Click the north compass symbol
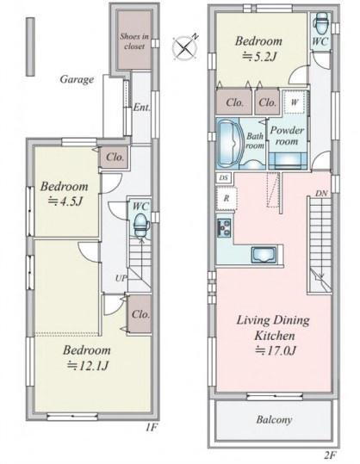[185, 47]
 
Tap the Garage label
[77, 79]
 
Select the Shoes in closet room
[134, 40]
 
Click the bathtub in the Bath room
[229, 144]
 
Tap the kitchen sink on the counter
[264, 255]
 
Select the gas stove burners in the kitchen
[224, 227]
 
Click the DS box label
[224, 178]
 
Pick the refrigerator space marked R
[227, 199]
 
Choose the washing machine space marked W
[294, 102]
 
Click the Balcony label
[274, 419]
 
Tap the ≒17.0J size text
[276, 351]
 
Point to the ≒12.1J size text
[87, 366]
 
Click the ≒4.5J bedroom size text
[65, 201]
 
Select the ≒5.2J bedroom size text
[259, 56]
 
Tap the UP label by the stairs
[121, 278]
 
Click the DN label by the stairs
[321, 194]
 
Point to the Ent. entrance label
[141, 107]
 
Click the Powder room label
[287, 136]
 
